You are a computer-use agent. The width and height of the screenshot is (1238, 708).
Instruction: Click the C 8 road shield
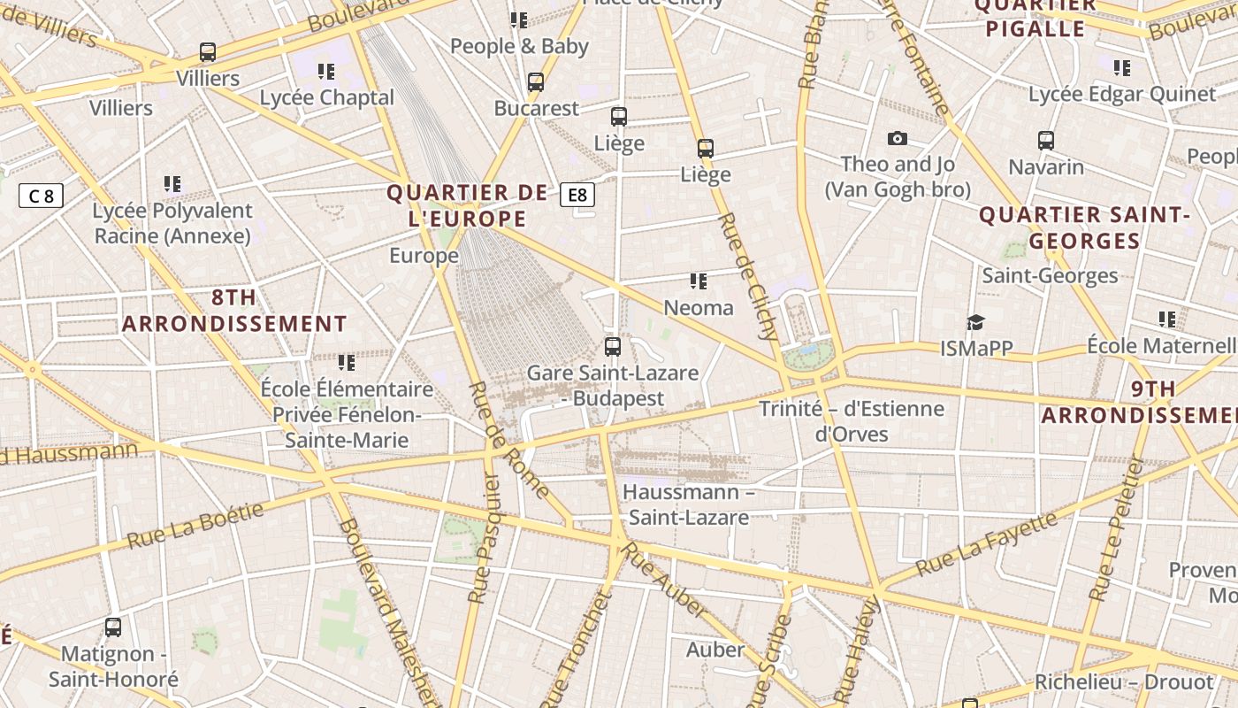(41, 196)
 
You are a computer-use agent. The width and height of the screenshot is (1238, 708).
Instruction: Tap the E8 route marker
(577, 195)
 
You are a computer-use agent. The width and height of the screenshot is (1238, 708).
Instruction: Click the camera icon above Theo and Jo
(898, 138)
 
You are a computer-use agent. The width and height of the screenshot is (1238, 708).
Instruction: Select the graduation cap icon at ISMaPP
(975, 322)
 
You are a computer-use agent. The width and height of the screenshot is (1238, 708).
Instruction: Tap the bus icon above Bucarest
(535, 82)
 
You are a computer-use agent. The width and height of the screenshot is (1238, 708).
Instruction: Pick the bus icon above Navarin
(1046, 140)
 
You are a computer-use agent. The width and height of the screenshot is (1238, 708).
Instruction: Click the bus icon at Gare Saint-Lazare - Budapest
(612, 346)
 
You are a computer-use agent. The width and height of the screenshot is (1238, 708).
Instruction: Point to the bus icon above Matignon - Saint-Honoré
(113, 627)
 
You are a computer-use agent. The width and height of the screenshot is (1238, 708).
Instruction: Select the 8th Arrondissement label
(234, 310)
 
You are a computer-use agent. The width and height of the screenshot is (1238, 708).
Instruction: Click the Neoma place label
(699, 307)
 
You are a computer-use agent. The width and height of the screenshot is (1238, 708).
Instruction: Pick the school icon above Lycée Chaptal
(326, 72)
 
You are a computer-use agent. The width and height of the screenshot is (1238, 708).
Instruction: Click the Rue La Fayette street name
(986, 543)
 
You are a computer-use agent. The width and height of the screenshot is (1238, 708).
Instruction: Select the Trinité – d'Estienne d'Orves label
(852, 421)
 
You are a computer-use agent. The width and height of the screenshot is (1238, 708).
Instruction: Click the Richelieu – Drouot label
(1124, 682)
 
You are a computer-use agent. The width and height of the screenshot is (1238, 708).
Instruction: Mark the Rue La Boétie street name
(195, 525)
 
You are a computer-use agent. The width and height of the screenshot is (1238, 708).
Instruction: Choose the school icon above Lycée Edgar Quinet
(1122, 68)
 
